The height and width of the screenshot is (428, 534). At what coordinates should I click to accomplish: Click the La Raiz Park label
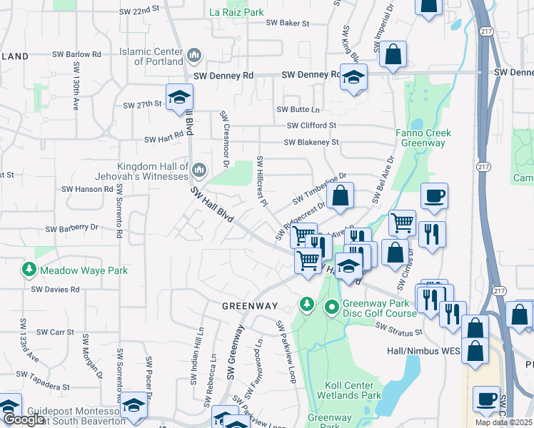coord(236,12)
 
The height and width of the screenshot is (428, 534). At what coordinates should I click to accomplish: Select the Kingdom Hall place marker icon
coord(198,170)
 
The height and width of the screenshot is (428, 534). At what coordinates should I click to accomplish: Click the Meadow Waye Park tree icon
coord(29,270)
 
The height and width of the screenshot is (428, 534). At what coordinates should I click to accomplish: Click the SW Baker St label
coord(288,23)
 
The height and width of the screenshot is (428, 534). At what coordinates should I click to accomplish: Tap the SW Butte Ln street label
coord(298,109)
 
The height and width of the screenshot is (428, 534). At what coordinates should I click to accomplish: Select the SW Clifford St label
coord(311,126)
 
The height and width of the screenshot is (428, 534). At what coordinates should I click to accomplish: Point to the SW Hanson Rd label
coord(87,189)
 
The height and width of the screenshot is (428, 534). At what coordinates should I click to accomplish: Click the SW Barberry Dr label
coord(71,229)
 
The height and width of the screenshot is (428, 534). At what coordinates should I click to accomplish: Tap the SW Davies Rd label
coord(55,289)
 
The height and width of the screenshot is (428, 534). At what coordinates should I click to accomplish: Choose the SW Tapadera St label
coord(45,385)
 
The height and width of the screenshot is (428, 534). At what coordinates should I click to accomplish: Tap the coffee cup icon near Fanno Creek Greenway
coord(433,196)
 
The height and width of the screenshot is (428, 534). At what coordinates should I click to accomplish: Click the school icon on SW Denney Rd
coord(353,77)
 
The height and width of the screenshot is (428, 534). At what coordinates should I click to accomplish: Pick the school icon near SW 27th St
coord(179,97)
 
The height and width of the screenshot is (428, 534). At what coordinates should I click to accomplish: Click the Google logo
coord(24,419)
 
